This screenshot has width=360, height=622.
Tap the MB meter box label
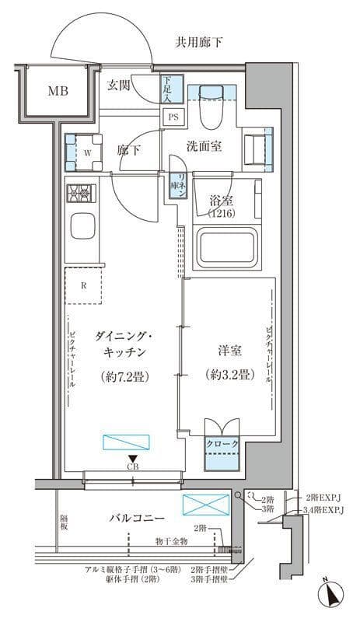[59, 92]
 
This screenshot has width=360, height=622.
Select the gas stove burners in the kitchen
[80, 194]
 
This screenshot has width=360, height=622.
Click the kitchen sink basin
[82, 228]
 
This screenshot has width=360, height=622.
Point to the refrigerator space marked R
[84, 285]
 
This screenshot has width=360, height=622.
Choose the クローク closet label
[222, 443]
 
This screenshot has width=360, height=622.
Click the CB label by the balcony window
[134, 467]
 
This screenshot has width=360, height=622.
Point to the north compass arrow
[334, 595]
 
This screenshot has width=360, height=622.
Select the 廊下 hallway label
[128, 150]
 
